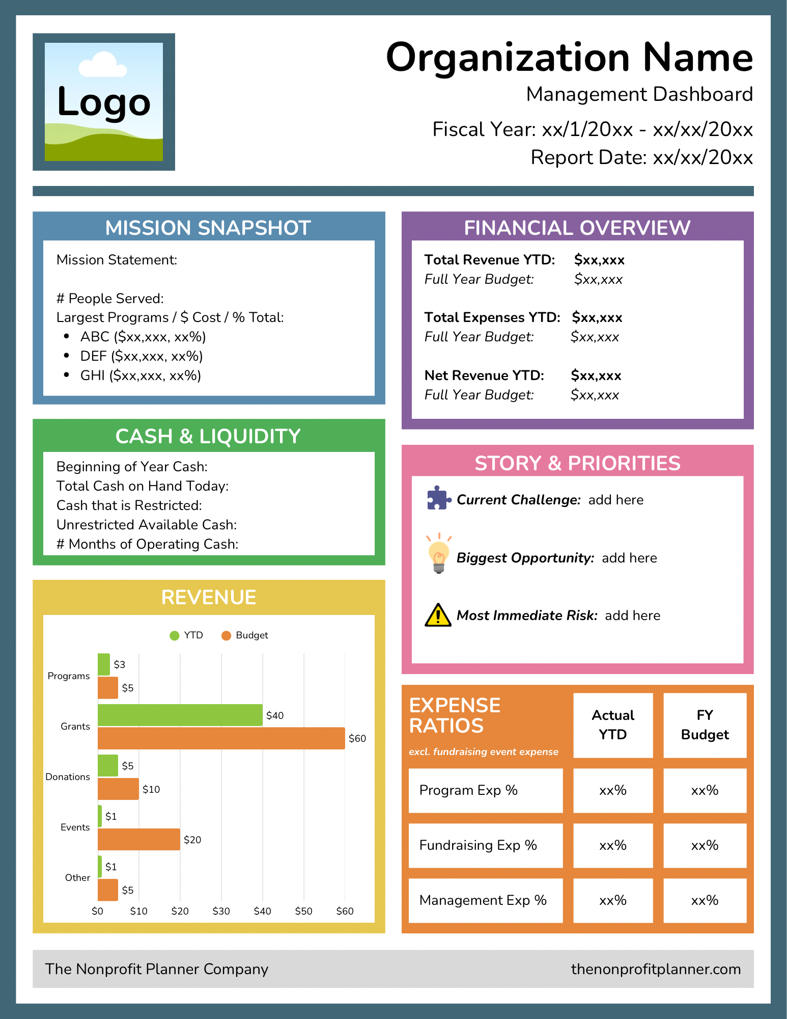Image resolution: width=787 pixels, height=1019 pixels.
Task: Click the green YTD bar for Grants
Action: tap(180, 715)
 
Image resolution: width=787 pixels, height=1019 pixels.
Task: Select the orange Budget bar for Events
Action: tap(139, 839)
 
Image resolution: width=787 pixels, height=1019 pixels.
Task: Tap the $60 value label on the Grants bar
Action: tap(357, 738)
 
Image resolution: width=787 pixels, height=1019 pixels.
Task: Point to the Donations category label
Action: tap(68, 776)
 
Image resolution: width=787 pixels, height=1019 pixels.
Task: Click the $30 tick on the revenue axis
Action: tap(221, 911)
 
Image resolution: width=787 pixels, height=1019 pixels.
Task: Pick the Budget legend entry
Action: tap(245, 635)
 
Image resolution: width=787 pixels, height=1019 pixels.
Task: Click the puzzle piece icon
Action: tap(439, 498)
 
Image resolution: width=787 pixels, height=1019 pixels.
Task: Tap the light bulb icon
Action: tap(439, 554)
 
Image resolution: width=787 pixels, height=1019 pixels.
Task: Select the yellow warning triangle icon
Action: tap(438, 614)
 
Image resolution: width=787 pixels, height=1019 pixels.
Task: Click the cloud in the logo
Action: tap(103, 65)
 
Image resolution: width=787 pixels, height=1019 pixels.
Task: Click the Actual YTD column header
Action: tap(613, 725)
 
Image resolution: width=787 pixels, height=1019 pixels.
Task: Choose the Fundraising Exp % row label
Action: tap(478, 845)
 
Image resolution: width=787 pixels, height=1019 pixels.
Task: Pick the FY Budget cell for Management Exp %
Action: tap(705, 900)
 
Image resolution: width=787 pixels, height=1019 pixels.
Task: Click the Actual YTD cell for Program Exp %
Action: tap(613, 790)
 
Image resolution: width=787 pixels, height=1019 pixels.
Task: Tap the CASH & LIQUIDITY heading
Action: tap(208, 437)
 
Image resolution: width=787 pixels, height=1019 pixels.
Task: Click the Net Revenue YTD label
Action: tap(484, 376)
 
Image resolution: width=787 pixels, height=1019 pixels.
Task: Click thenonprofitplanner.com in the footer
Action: tap(656, 969)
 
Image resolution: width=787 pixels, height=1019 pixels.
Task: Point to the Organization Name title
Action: tap(570, 58)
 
